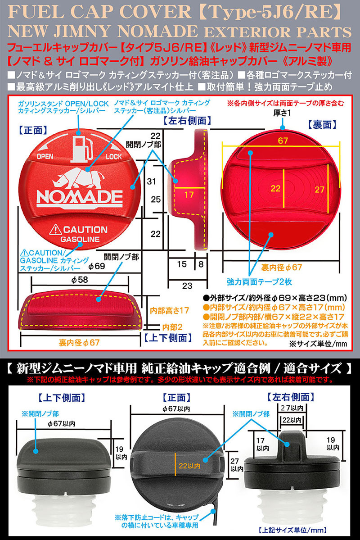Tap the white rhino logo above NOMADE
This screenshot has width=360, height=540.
(x=80, y=178)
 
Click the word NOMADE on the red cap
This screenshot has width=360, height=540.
(x=80, y=198)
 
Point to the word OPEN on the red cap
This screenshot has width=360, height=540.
(x=45, y=156)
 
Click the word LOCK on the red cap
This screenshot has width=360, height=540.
(x=113, y=157)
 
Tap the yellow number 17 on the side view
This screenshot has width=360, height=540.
(x=189, y=195)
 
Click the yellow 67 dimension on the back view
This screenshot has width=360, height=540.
(x=283, y=141)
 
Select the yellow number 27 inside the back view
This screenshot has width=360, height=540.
(x=319, y=189)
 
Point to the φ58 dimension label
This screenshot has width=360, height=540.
(x=80, y=280)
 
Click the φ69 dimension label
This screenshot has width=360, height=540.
(x=96, y=266)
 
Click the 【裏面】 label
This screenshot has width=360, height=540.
(x=321, y=125)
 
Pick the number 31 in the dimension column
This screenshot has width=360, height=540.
(x=152, y=181)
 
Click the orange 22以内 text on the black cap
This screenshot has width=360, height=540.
(x=189, y=466)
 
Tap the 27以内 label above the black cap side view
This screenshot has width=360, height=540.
(x=292, y=408)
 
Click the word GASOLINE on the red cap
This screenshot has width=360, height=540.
(x=80, y=239)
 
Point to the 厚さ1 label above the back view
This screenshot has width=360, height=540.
(x=282, y=113)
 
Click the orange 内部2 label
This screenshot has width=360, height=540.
(x=172, y=327)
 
